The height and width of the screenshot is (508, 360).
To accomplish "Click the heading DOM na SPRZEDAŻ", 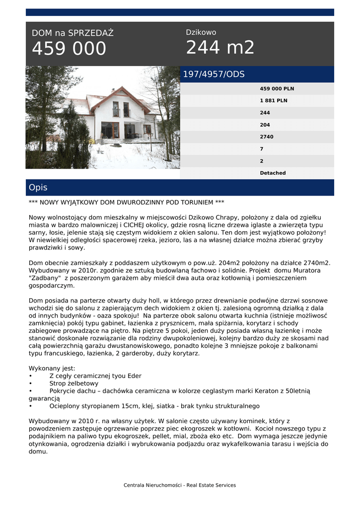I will pos(72,33).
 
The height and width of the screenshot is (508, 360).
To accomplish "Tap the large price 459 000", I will pos(69,49).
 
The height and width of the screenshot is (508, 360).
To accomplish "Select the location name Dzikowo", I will pos(201,32).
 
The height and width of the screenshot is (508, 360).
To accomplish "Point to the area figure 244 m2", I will pos(220,48).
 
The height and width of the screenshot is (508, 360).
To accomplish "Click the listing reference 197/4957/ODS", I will pos(214,74).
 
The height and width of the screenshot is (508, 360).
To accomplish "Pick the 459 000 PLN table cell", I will pos(277,89).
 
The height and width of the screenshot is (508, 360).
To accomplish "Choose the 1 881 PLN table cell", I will pos(274,101).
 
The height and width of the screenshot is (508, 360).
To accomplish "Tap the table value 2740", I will pos(267,137).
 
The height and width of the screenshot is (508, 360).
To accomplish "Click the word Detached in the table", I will pos(273,173).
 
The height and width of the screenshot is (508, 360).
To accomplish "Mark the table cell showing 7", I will pos(262,149).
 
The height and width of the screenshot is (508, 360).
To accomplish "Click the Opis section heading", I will pos(38,188).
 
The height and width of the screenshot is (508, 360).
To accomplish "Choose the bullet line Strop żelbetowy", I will pos(74,383).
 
